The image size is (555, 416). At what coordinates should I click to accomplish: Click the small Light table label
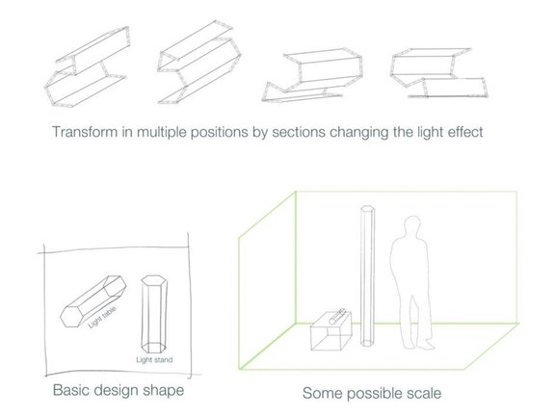[102, 317]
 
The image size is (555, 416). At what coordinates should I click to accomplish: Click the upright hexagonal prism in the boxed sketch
[153, 314]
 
